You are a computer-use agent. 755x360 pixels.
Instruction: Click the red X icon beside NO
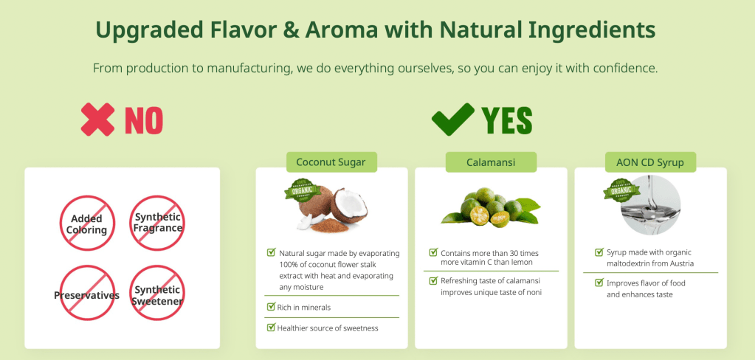[97, 120]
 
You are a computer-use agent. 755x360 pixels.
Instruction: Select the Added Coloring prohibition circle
[87, 223]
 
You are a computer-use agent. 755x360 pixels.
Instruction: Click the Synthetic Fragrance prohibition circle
[157, 223]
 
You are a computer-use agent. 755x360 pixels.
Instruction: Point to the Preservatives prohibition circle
[87, 293]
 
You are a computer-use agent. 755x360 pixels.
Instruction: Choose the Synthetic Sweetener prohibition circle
[157, 293]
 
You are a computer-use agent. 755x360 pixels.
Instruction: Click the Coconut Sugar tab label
[331, 162]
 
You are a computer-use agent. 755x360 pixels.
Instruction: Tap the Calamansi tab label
[491, 162]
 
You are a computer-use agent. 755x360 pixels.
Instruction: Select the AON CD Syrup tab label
[650, 162]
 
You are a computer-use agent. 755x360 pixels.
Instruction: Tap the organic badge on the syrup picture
[621, 190]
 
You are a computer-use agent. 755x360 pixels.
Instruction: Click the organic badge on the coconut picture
[303, 190]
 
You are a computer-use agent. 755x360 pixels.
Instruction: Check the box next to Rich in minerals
[271, 307]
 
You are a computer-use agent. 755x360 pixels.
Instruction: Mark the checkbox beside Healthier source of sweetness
[271, 328]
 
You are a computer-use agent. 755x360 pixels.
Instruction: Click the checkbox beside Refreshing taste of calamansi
[433, 280]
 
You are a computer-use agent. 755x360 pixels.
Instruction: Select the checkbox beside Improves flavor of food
[599, 283]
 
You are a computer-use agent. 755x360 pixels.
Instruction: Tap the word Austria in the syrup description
[681, 263]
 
